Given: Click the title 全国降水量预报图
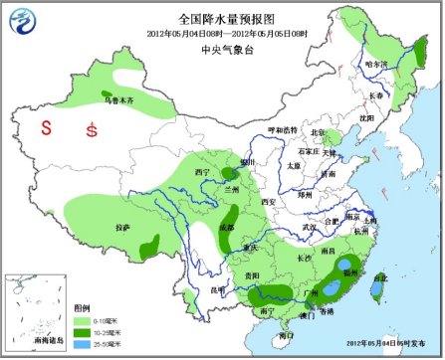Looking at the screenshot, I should coord(222,19).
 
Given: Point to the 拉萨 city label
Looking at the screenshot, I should coord(121,228).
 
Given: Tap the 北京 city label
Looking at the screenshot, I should coord(319,132).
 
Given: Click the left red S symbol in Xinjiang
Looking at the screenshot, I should coord(45,128).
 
